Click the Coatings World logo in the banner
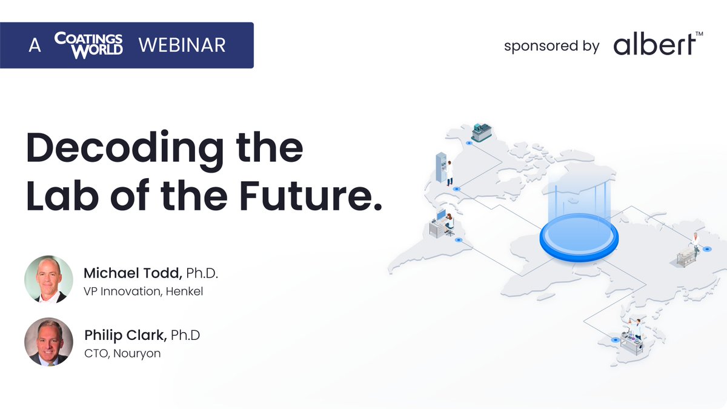(88, 45)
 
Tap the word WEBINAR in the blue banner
(182, 45)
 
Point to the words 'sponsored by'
(551, 46)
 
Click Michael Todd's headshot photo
(48, 279)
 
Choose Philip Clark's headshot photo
(48, 342)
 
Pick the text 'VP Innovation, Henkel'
(143, 291)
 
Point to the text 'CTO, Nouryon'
(122, 353)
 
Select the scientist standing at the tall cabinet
(450, 173)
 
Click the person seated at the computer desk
(448, 222)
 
